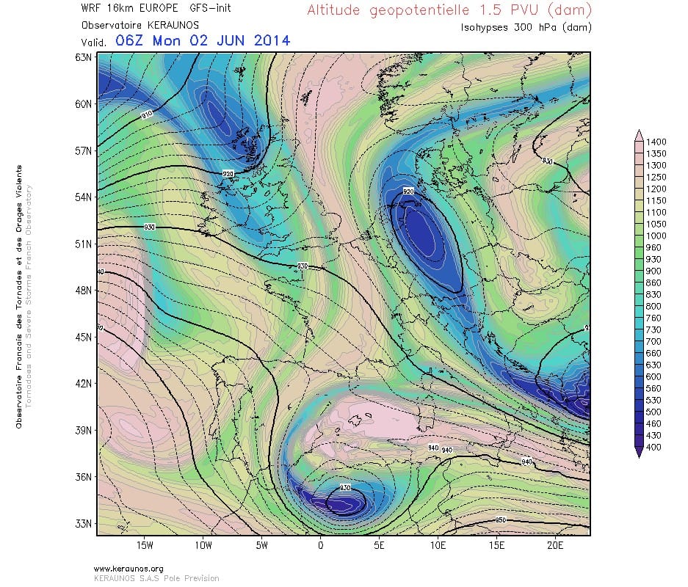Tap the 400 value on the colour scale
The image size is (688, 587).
(x=653, y=447)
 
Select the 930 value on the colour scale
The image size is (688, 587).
(x=653, y=259)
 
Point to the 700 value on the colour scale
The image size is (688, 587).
(x=653, y=341)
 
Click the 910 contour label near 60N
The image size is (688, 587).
(x=146, y=114)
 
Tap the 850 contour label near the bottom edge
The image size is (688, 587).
(x=501, y=520)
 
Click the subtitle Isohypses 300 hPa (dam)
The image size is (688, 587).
(x=526, y=27)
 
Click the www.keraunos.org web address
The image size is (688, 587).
(x=128, y=569)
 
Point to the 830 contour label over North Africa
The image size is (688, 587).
(x=346, y=488)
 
